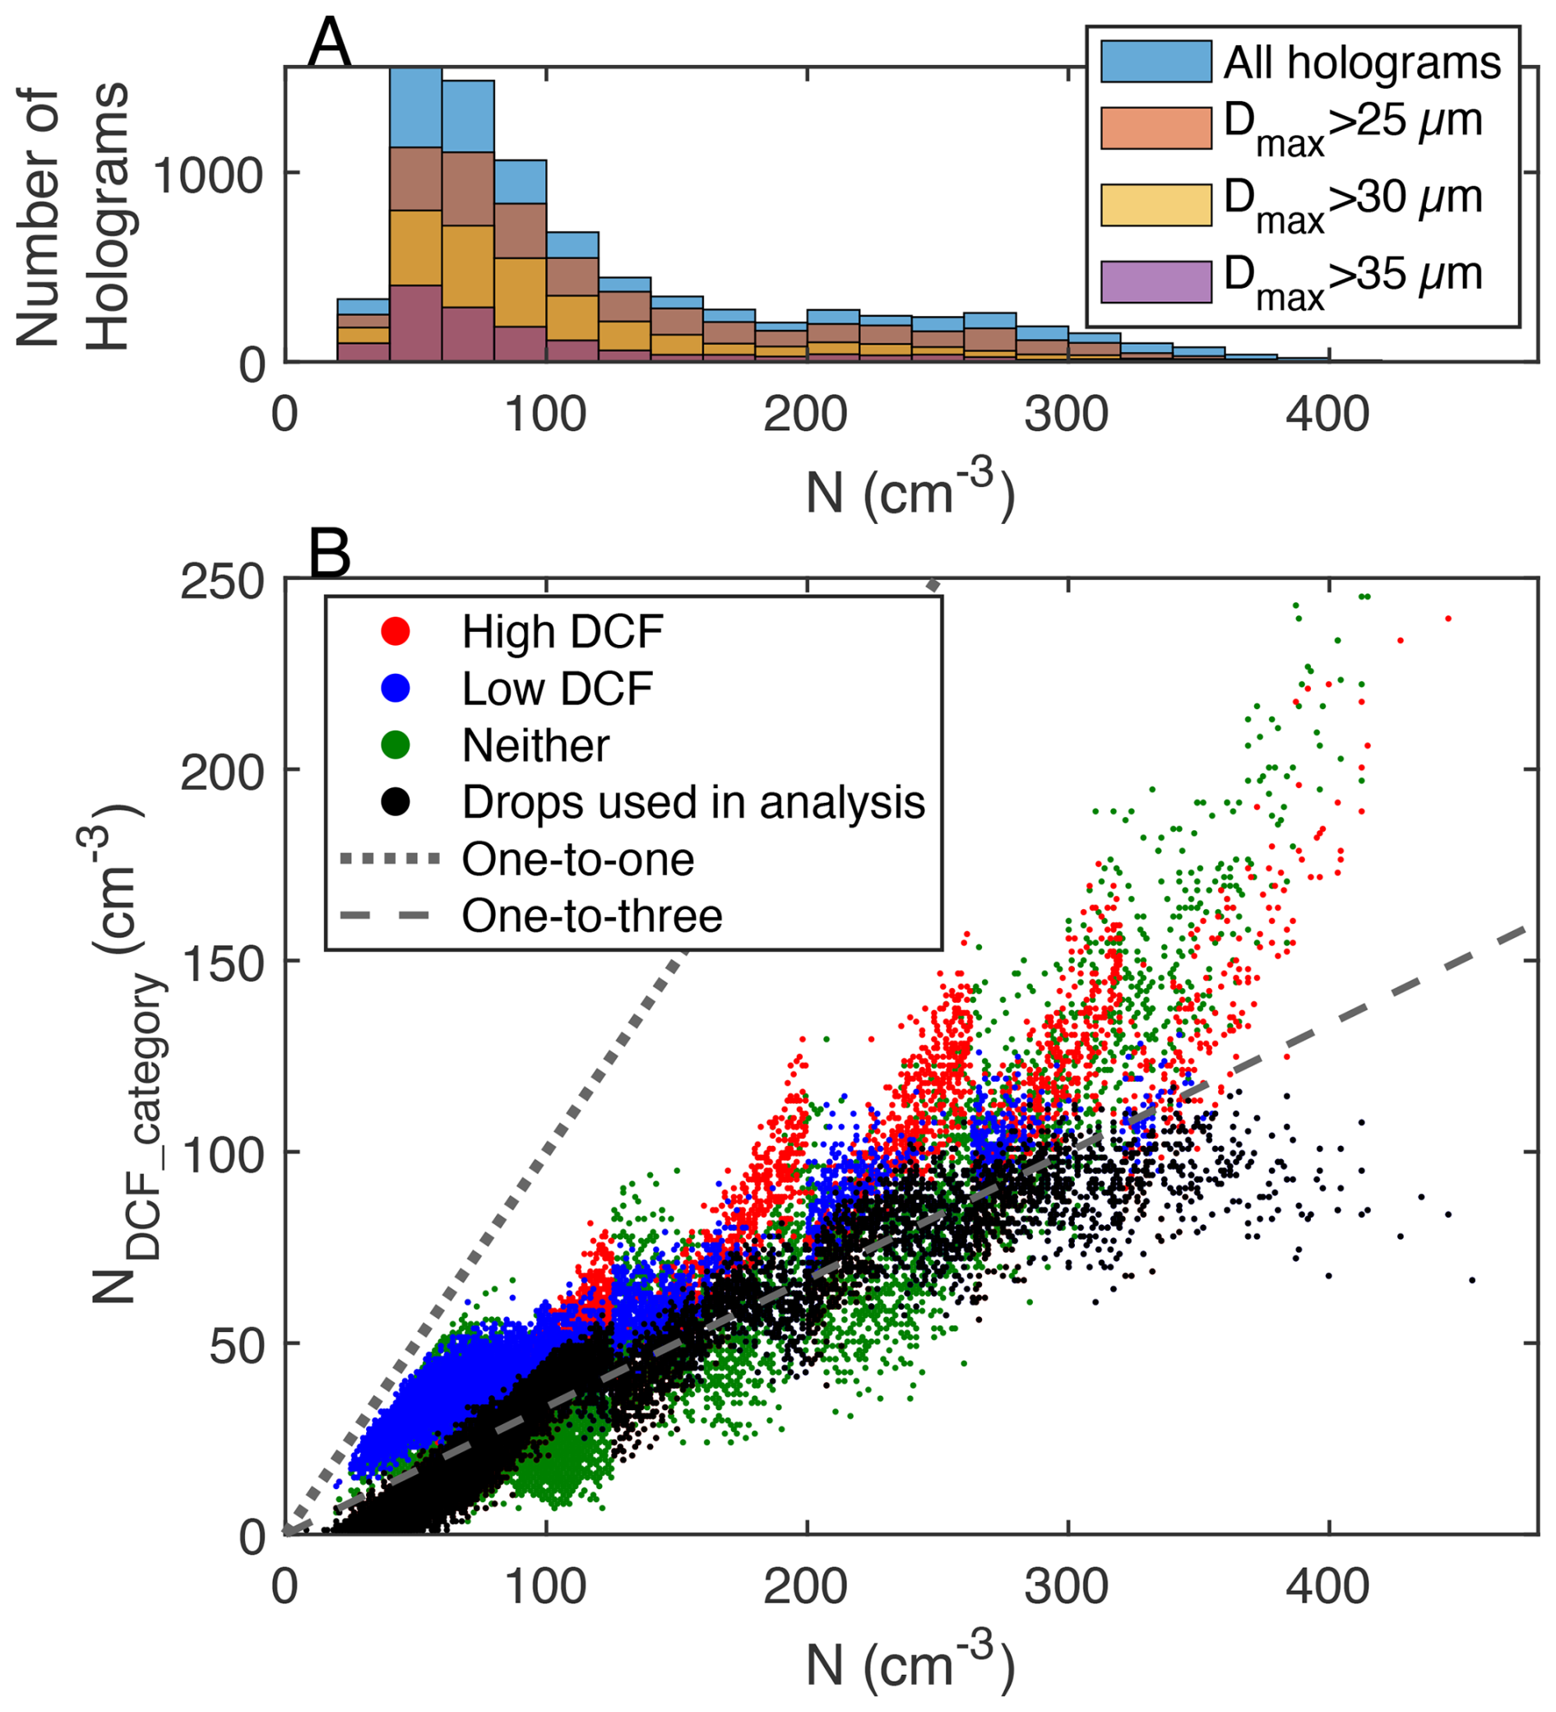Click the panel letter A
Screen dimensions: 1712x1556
pos(328,44)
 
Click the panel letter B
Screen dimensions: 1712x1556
pos(328,554)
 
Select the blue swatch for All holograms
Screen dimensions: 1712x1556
pos(1155,62)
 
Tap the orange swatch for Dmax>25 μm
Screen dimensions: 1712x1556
pos(1155,128)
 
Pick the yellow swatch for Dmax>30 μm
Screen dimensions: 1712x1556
pos(1155,205)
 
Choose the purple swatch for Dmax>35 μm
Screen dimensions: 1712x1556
pos(1155,282)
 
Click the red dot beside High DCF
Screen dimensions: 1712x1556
pos(396,631)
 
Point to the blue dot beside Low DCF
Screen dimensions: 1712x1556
pos(396,688)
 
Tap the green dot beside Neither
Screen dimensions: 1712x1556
pos(396,745)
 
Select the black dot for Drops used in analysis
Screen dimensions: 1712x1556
pos(396,801)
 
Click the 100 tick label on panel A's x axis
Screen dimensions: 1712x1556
pos(545,415)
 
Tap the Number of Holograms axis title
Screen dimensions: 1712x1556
pos(72,216)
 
